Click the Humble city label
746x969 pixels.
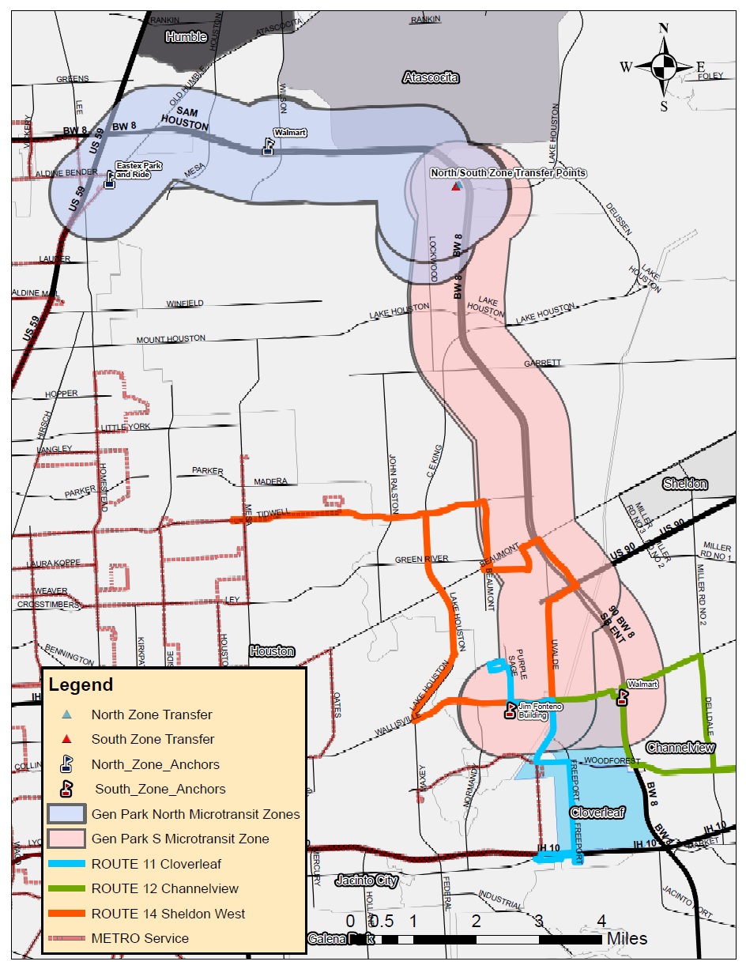tap(186, 37)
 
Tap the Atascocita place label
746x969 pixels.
tap(431, 77)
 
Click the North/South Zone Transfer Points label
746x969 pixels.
tap(508, 173)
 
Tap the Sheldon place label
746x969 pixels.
tap(685, 484)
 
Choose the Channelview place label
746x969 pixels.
tap(680, 748)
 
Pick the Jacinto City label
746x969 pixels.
tap(364, 879)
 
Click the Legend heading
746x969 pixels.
tap(81, 684)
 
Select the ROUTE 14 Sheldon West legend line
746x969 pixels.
tap(66, 914)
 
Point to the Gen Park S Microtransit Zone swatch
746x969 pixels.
tap(66, 839)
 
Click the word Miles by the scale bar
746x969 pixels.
tap(627, 939)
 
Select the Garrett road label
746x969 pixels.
tap(542, 364)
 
